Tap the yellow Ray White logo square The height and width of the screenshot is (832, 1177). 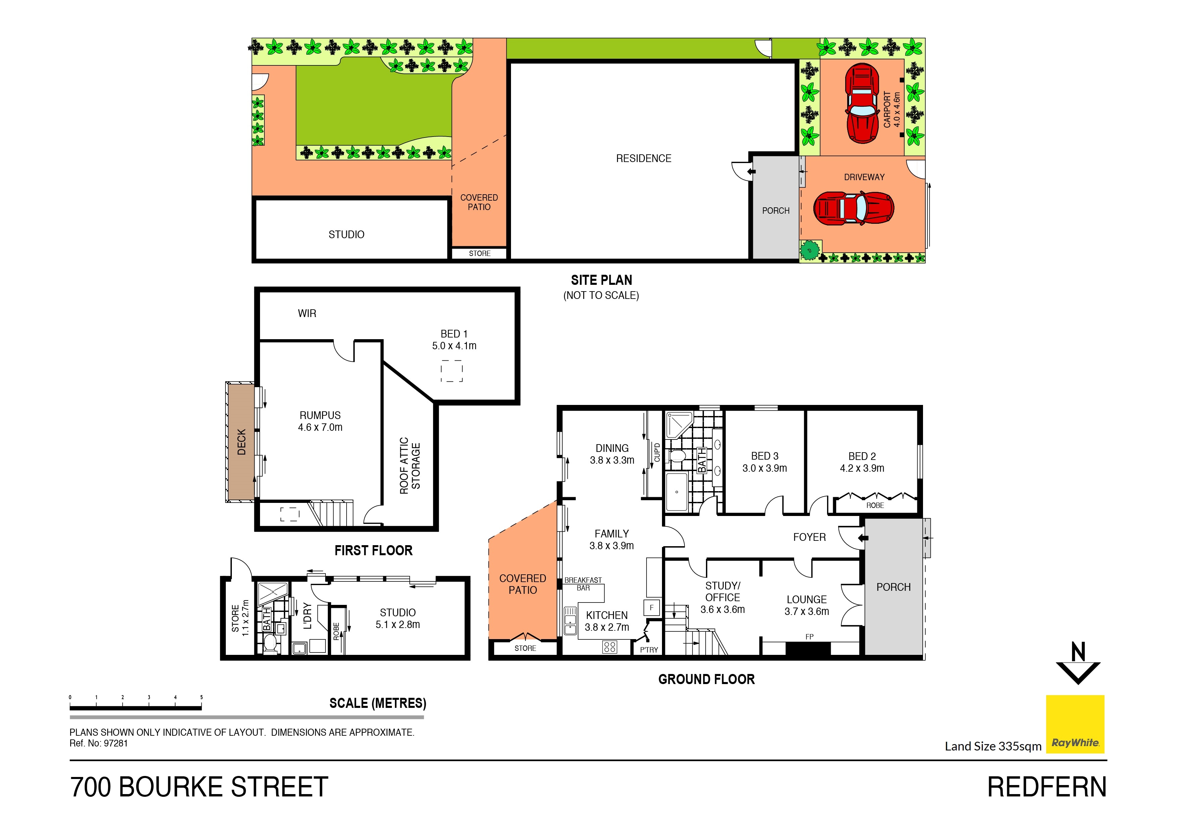pyautogui.click(x=1075, y=724)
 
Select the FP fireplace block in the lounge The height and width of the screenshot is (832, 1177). pyautogui.click(x=808, y=648)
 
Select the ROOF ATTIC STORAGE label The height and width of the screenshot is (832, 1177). pyautogui.click(x=410, y=465)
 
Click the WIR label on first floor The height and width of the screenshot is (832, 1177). pyautogui.click(x=307, y=313)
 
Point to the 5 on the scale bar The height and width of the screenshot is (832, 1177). pyautogui.click(x=201, y=697)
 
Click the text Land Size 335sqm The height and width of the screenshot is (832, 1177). pyautogui.click(x=992, y=746)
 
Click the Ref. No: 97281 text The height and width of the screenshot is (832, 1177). pyautogui.click(x=98, y=743)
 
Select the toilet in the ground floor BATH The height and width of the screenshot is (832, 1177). pyautogui.click(x=678, y=456)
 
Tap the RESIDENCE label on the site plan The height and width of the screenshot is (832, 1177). pyautogui.click(x=643, y=158)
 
